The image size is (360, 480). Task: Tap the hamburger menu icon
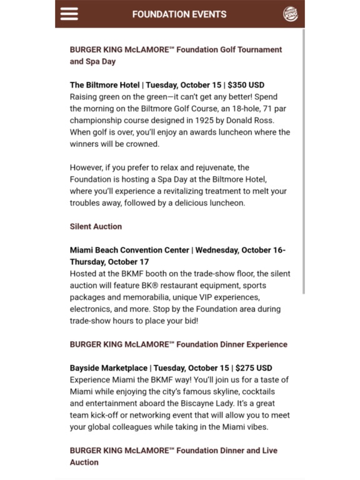point(69,14)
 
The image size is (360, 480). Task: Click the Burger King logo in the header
point(291,14)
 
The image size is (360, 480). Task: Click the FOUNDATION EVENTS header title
point(179,14)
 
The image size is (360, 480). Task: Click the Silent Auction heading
point(96,226)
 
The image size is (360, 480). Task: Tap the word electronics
point(91,309)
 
